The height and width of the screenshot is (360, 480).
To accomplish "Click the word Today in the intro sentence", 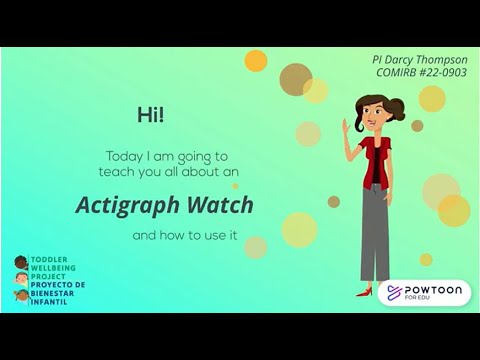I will [x=124, y=156].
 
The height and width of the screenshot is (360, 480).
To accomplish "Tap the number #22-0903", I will [x=442, y=73].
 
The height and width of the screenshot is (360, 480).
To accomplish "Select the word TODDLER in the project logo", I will [x=46, y=257].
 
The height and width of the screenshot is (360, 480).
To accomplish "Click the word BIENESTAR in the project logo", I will [x=51, y=291].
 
